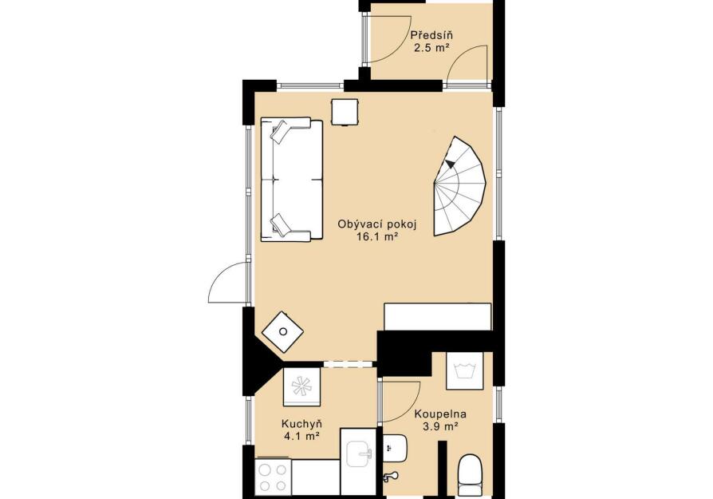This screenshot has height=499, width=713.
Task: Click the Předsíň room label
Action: (x=431, y=35)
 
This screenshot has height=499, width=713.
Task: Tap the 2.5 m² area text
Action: (x=431, y=48)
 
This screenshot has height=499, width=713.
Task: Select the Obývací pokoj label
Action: (x=377, y=224)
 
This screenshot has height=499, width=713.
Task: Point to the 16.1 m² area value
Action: (x=377, y=236)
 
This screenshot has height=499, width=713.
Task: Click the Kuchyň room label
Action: (x=302, y=424)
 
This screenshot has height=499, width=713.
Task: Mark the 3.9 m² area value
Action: (x=439, y=426)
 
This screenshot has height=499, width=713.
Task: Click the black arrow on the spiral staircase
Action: (x=451, y=164)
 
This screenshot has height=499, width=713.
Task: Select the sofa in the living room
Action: (x=291, y=179)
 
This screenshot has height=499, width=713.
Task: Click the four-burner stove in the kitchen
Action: (x=273, y=477)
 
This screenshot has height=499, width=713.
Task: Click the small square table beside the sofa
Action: (x=345, y=112)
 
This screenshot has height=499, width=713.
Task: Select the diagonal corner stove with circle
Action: (x=283, y=331)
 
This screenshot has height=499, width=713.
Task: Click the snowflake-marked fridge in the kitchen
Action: (x=302, y=386)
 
